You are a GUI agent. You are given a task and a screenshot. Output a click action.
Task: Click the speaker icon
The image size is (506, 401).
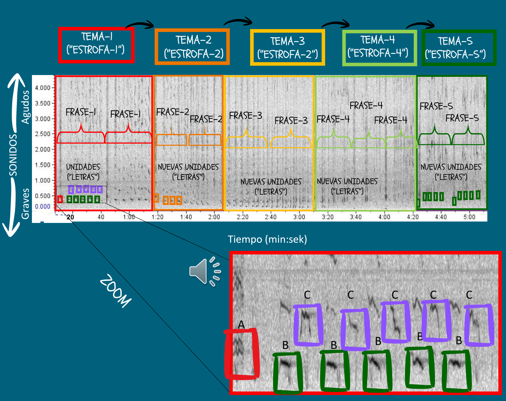[x=205, y=271]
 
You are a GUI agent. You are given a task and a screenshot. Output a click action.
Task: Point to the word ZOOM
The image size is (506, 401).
[x=116, y=290]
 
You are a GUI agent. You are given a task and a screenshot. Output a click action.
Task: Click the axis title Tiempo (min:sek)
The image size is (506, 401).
[x=267, y=239]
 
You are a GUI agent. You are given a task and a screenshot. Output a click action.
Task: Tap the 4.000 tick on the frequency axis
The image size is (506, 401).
[x=43, y=88]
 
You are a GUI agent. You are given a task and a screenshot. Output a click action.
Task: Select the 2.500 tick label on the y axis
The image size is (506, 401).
[x=43, y=134]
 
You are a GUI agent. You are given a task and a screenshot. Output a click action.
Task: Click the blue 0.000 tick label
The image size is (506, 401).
[x=43, y=206]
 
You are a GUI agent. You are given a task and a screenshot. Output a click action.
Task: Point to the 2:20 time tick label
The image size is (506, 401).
[x=243, y=216]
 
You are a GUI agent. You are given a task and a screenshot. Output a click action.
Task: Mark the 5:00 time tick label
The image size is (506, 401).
[x=469, y=216]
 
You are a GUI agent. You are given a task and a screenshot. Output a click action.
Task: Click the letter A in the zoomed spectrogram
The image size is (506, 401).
[x=241, y=325]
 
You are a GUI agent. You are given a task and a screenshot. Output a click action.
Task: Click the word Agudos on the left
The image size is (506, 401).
[x=25, y=107]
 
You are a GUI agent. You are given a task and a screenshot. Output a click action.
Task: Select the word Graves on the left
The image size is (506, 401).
[x=25, y=204]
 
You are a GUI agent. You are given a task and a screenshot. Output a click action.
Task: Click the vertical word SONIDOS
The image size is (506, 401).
[x=13, y=155]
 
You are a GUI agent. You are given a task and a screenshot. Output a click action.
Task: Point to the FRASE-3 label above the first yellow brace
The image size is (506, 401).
[x=246, y=116]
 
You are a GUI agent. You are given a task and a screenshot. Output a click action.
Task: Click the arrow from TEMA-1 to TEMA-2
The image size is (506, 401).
[x=139, y=23]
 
